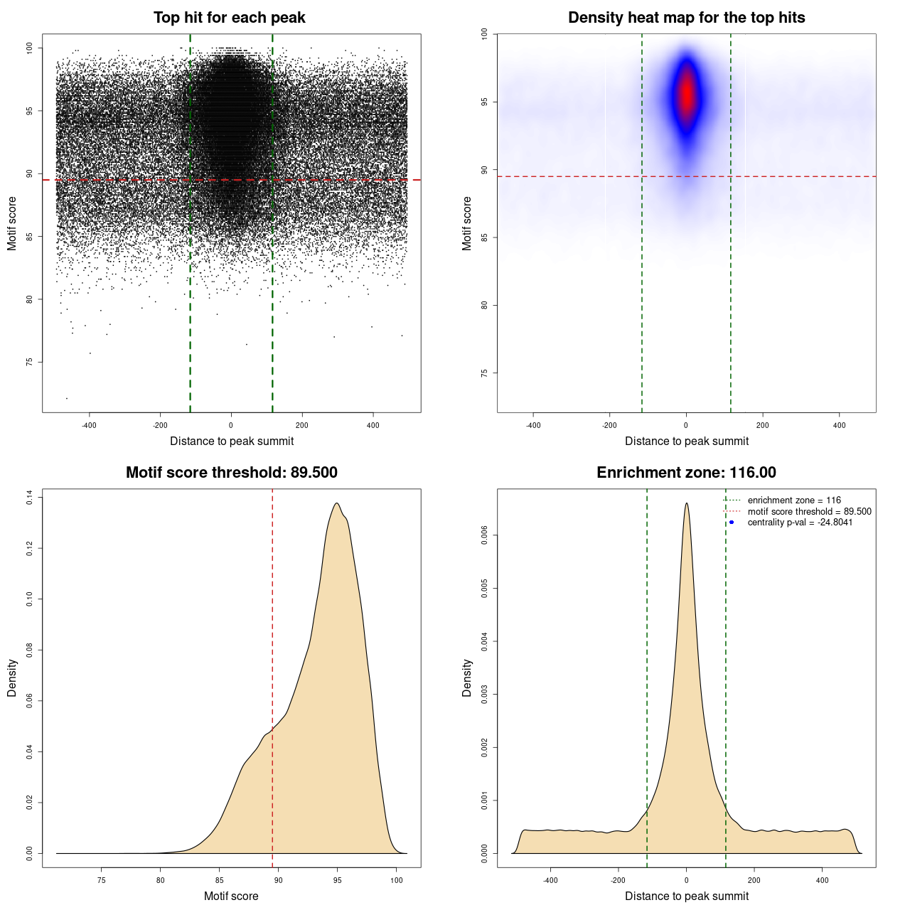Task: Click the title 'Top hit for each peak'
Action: coord(229,18)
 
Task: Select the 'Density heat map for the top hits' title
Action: coord(686,18)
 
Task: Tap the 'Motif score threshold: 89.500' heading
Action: coord(231,473)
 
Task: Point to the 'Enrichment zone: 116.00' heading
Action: coord(686,473)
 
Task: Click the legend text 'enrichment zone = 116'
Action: coord(793,500)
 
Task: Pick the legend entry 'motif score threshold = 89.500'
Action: coord(809,512)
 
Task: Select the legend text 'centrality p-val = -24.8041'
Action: coord(800,523)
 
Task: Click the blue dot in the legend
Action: coord(732,523)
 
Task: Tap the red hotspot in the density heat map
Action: coord(686,92)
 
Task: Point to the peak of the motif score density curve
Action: coord(337,503)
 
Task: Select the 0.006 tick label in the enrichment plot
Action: coord(485,535)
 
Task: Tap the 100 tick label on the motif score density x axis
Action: coord(397,880)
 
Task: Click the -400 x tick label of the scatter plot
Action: coord(89,425)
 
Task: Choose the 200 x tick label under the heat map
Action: coord(762,425)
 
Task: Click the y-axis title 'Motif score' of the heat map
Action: coord(467,223)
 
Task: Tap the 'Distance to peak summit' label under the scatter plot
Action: coord(232,441)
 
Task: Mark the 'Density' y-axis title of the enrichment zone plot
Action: coord(467,678)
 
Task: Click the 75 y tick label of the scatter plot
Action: coord(30,362)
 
